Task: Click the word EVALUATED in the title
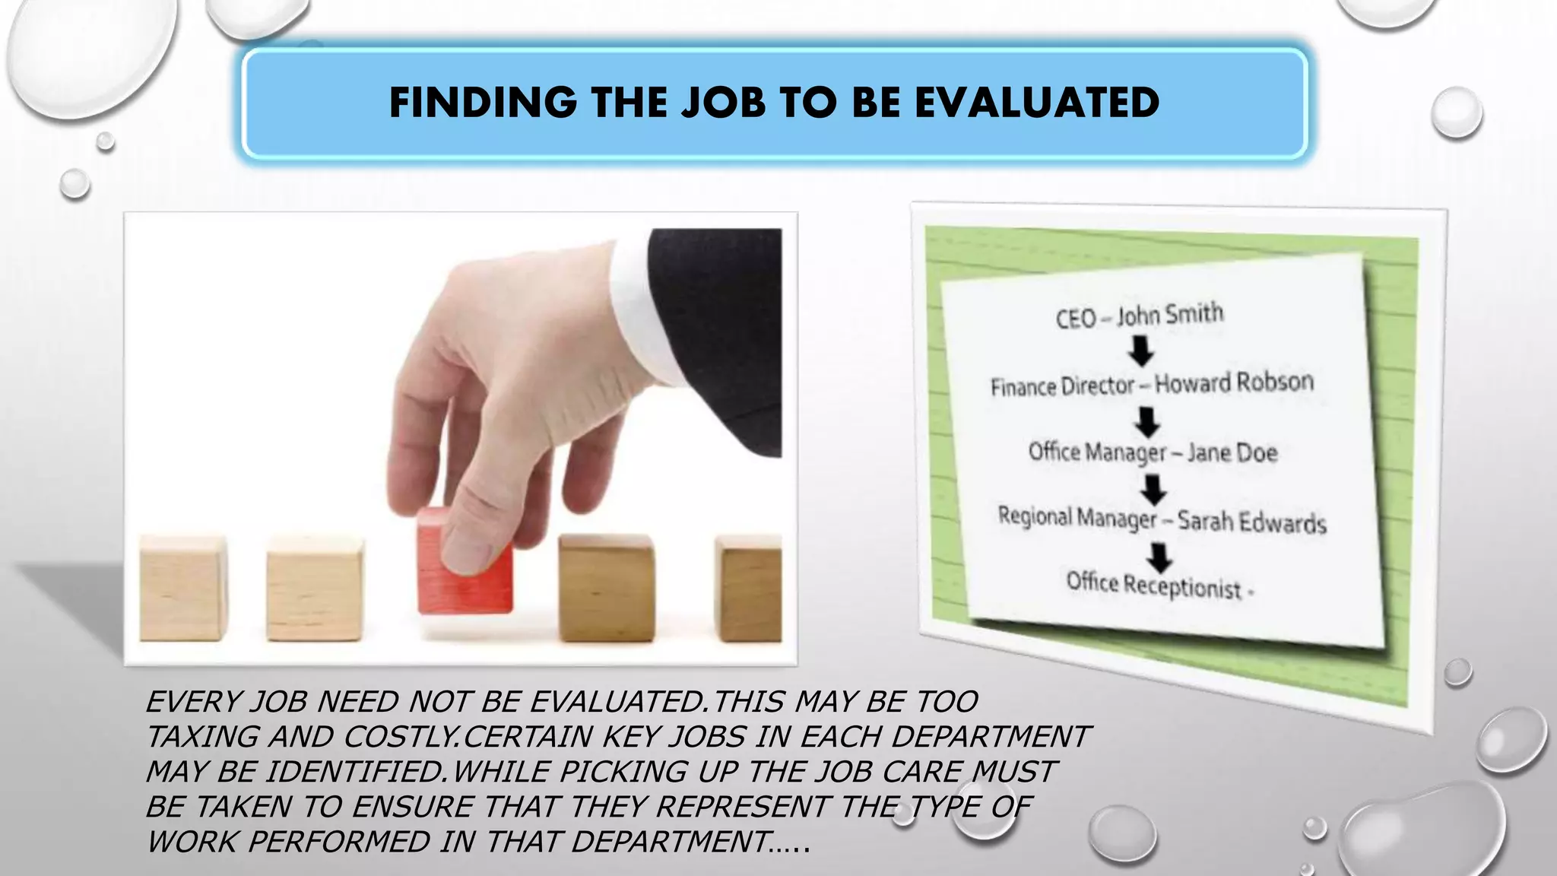[1037, 103]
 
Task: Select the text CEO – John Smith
[1139, 315]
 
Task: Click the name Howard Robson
[1234, 382]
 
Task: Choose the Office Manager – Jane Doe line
[1153, 452]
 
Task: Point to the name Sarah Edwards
[1251, 522]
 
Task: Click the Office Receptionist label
[1153, 585]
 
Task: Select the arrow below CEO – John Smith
[1140, 351]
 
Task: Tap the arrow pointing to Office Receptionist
[1159, 557]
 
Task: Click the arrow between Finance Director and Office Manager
[1146, 421]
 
